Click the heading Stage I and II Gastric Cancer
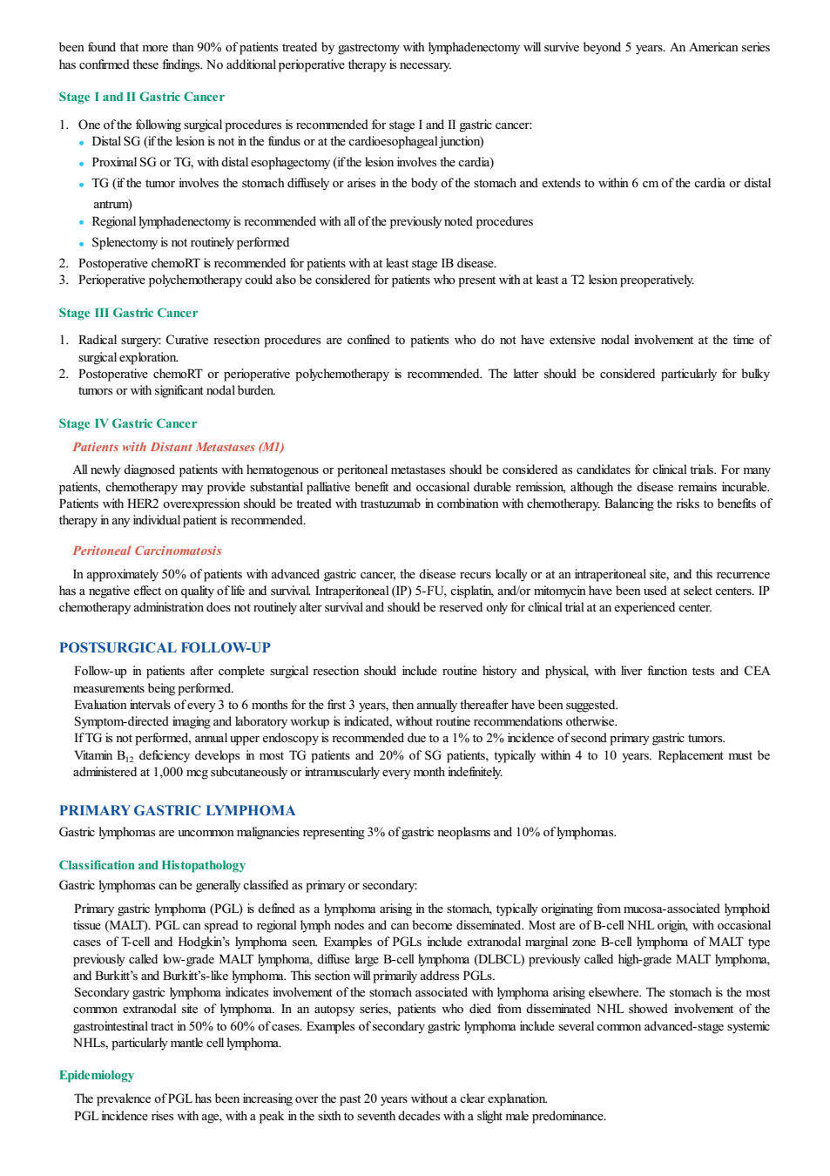pos(141,97)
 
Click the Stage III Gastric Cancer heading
pos(128,313)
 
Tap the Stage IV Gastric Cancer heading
pos(127,423)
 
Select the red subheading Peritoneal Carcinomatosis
pos(147,551)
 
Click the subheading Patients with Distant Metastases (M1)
pos(179,447)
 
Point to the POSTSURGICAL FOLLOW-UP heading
pos(165,647)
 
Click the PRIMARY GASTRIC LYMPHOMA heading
pos(177,810)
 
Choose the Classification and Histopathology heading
pos(152,865)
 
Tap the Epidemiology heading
pos(97,1075)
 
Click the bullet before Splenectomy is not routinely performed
pos(81,244)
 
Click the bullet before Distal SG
pos(81,143)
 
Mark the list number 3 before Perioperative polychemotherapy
pos(63,280)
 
